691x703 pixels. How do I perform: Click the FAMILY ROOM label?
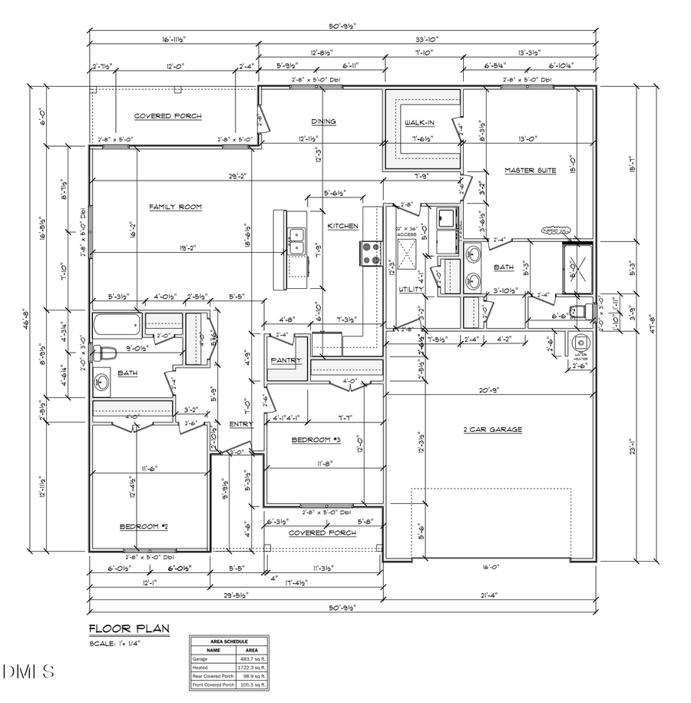(x=175, y=207)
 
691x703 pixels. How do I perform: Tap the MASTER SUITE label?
(x=530, y=170)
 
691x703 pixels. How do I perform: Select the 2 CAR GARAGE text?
(x=492, y=429)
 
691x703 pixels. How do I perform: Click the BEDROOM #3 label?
(x=316, y=439)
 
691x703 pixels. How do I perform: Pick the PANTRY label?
(x=286, y=360)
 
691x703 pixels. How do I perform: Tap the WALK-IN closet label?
(x=420, y=123)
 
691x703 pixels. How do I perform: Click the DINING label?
(x=323, y=121)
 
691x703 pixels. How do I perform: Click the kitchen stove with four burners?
(x=371, y=253)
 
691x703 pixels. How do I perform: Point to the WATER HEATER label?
(x=581, y=357)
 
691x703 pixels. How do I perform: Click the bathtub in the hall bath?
(x=117, y=323)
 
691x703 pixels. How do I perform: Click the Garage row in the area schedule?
(x=229, y=658)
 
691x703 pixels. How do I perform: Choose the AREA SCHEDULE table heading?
(x=229, y=641)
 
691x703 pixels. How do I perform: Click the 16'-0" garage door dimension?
(x=491, y=567)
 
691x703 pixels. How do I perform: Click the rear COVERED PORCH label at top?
(x=167, y=116)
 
